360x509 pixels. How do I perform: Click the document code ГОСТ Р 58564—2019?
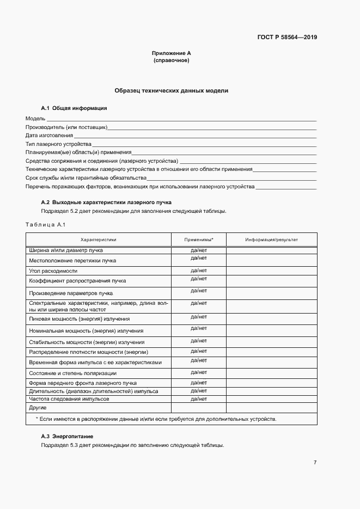tap(287, 38)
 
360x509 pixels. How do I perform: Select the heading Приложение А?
tap(171, 53)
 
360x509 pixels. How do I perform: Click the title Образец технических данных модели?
tap(171, 91)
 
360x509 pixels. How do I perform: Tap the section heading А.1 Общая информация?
tap(74, 108)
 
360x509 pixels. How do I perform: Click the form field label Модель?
tap(35, 118)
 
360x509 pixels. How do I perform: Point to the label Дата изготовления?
tap(49, 135)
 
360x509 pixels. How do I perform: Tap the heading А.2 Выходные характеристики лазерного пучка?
tap(106, 203)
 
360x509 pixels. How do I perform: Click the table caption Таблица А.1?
tap(45, 225)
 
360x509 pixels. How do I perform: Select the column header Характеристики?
tap(99, 240)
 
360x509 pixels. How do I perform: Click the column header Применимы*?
tap(199, 240)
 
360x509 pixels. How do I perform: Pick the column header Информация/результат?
tap(271, 240)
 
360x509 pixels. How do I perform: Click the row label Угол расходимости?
tap(53, 271)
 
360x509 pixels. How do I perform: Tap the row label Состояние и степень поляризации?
tap(72, 373)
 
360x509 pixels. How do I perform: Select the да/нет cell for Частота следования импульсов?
tap(199, 398)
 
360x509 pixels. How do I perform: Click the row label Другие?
tap(38, 407)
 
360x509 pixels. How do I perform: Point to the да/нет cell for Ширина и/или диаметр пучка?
tap(199, 250)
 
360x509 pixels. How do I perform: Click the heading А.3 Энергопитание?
tap(67, 437)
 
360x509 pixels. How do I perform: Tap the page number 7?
tap(315, 463)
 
